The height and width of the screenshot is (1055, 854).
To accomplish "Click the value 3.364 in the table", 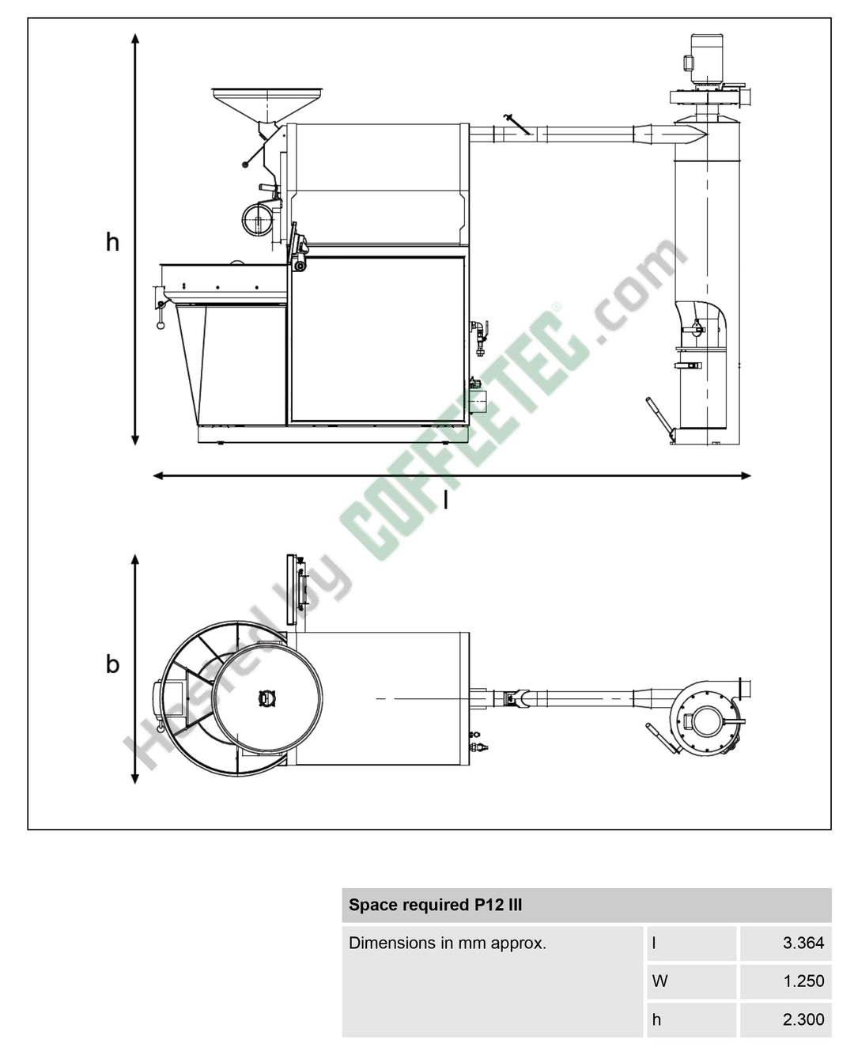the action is (x=803, y=942).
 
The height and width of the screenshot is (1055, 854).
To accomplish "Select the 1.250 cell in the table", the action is (x=803, y=981).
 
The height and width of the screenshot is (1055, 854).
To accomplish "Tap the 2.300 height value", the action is (x=803, y=1019).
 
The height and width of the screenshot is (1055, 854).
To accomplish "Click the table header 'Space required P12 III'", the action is (x=435, y=905).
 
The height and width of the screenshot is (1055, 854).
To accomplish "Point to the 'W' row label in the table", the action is (x=659, y=981).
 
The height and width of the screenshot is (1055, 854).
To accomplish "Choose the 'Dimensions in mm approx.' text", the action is (x=448, y=943).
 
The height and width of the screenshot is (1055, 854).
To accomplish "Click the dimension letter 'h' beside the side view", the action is (x=113, y=242).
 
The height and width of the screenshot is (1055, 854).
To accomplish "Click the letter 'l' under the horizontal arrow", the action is (x=445, y=501).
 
